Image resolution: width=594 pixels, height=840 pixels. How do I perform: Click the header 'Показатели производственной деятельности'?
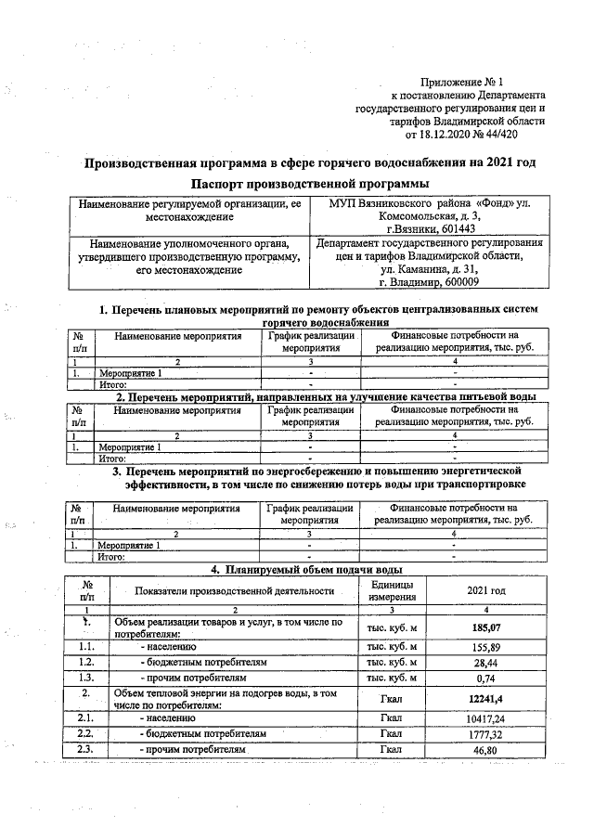tap(234, 590)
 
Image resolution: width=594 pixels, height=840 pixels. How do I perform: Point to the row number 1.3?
tap(87, 679)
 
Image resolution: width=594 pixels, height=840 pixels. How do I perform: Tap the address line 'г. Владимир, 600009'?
tap(429, 282)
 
